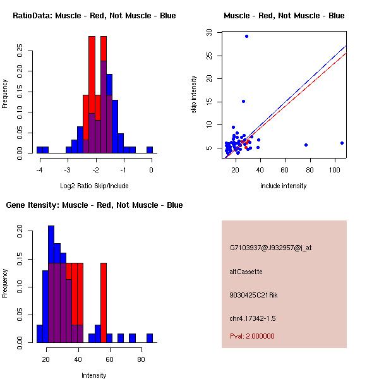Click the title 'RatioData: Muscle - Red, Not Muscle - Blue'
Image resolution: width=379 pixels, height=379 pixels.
tap(94, 16)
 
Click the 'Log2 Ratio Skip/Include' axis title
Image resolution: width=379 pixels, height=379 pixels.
tap(95, 186)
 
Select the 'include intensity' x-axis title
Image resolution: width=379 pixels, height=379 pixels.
tap(284, 186)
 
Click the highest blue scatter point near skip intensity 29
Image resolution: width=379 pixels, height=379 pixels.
tap(246, 36)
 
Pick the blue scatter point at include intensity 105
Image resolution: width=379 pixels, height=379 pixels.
tap(342, 143)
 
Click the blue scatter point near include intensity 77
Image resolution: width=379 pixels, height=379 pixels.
tap(306, 145)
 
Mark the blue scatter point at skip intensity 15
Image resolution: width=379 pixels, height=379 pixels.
tap(243, 101)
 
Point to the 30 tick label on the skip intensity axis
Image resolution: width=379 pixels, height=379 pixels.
tap(208, 32)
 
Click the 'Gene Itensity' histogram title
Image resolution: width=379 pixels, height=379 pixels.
tap(94, 205)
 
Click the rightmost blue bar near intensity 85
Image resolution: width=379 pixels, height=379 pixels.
tap(150, 338)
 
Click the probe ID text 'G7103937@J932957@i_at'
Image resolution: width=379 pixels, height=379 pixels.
tap(270, 248)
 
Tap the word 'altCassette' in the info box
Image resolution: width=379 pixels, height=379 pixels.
tap(246, 272)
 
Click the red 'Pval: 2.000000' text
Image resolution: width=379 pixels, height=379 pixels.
tap(252, 336)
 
